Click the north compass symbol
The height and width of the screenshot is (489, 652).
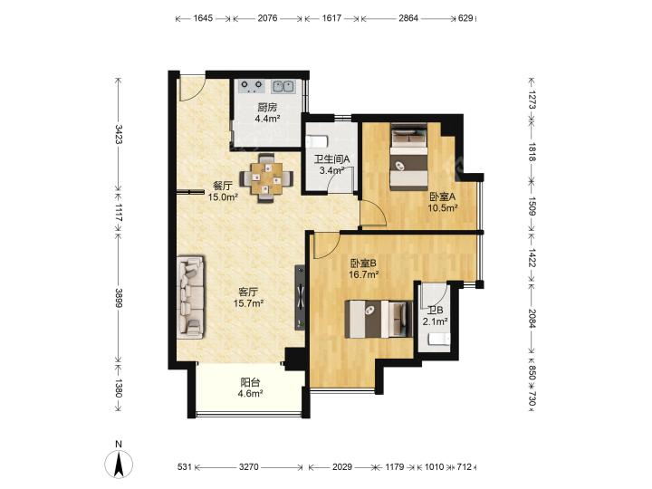click(119, 464)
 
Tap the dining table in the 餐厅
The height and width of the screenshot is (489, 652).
click(266, 178)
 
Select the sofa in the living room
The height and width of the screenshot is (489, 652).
click(191, 295)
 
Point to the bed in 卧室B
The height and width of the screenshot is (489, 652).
click(379, 319)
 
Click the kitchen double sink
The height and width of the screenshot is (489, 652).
click(283, 87)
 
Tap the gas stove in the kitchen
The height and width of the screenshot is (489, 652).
click(252, 87)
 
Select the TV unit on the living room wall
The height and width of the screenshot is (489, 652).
click(301, 298)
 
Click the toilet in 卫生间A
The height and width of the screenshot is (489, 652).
click(317, 141)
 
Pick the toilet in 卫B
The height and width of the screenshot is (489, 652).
click(439, 339)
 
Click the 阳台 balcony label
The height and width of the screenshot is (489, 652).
click(250, 382)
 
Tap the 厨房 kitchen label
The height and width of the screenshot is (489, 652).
click(267, 108)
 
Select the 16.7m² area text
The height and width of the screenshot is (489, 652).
click(363, 274)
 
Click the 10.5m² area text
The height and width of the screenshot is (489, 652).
click(443, 208)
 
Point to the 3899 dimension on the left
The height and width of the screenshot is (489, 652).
click(119, 298)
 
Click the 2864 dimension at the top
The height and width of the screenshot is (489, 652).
click(408, 18)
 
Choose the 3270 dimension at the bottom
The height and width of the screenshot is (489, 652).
click(249, 467)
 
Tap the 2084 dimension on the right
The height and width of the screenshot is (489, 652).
click(532, 318)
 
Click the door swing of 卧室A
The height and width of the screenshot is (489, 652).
click(374, 212)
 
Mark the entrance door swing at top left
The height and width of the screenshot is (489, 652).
click(191, 88)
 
